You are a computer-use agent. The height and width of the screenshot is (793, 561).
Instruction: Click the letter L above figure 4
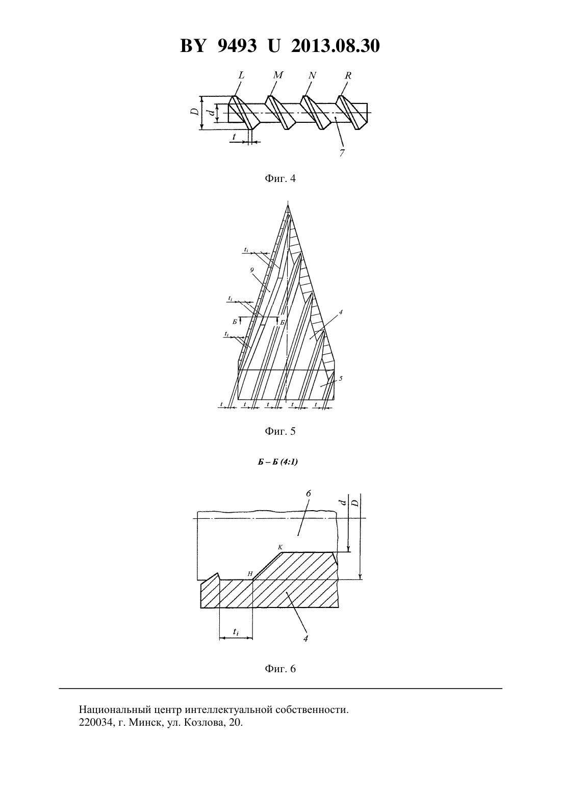241,75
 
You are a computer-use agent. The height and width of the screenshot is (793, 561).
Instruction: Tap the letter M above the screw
278,75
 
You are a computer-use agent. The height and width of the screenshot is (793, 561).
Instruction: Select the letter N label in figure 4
312,75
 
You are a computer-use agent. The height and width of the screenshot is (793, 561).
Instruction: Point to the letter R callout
348,75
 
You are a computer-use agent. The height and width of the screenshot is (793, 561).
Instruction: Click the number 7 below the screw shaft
341,153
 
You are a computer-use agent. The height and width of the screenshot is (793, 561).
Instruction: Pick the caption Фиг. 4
280,178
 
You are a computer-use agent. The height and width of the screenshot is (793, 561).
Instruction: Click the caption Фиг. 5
280,431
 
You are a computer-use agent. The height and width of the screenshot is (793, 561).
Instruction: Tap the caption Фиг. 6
280,669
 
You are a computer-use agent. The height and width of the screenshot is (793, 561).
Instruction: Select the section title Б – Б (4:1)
277,462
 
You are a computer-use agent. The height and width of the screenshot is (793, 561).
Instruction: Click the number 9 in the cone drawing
252,270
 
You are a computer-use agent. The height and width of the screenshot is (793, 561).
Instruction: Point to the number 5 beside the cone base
340,379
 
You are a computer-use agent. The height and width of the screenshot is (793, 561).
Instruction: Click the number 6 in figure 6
308,493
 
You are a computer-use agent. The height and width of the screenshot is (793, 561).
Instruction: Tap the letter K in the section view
280,547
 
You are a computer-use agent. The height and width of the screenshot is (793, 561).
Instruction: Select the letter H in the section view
250,574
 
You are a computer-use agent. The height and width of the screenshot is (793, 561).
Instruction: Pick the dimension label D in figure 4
194,112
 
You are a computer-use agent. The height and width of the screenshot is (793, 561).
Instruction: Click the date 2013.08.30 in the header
336,46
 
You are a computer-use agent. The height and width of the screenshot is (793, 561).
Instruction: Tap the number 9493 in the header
237,46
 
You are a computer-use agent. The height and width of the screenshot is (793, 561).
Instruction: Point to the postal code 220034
95,722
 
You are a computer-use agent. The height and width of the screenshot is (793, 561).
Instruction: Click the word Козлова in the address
201,722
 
